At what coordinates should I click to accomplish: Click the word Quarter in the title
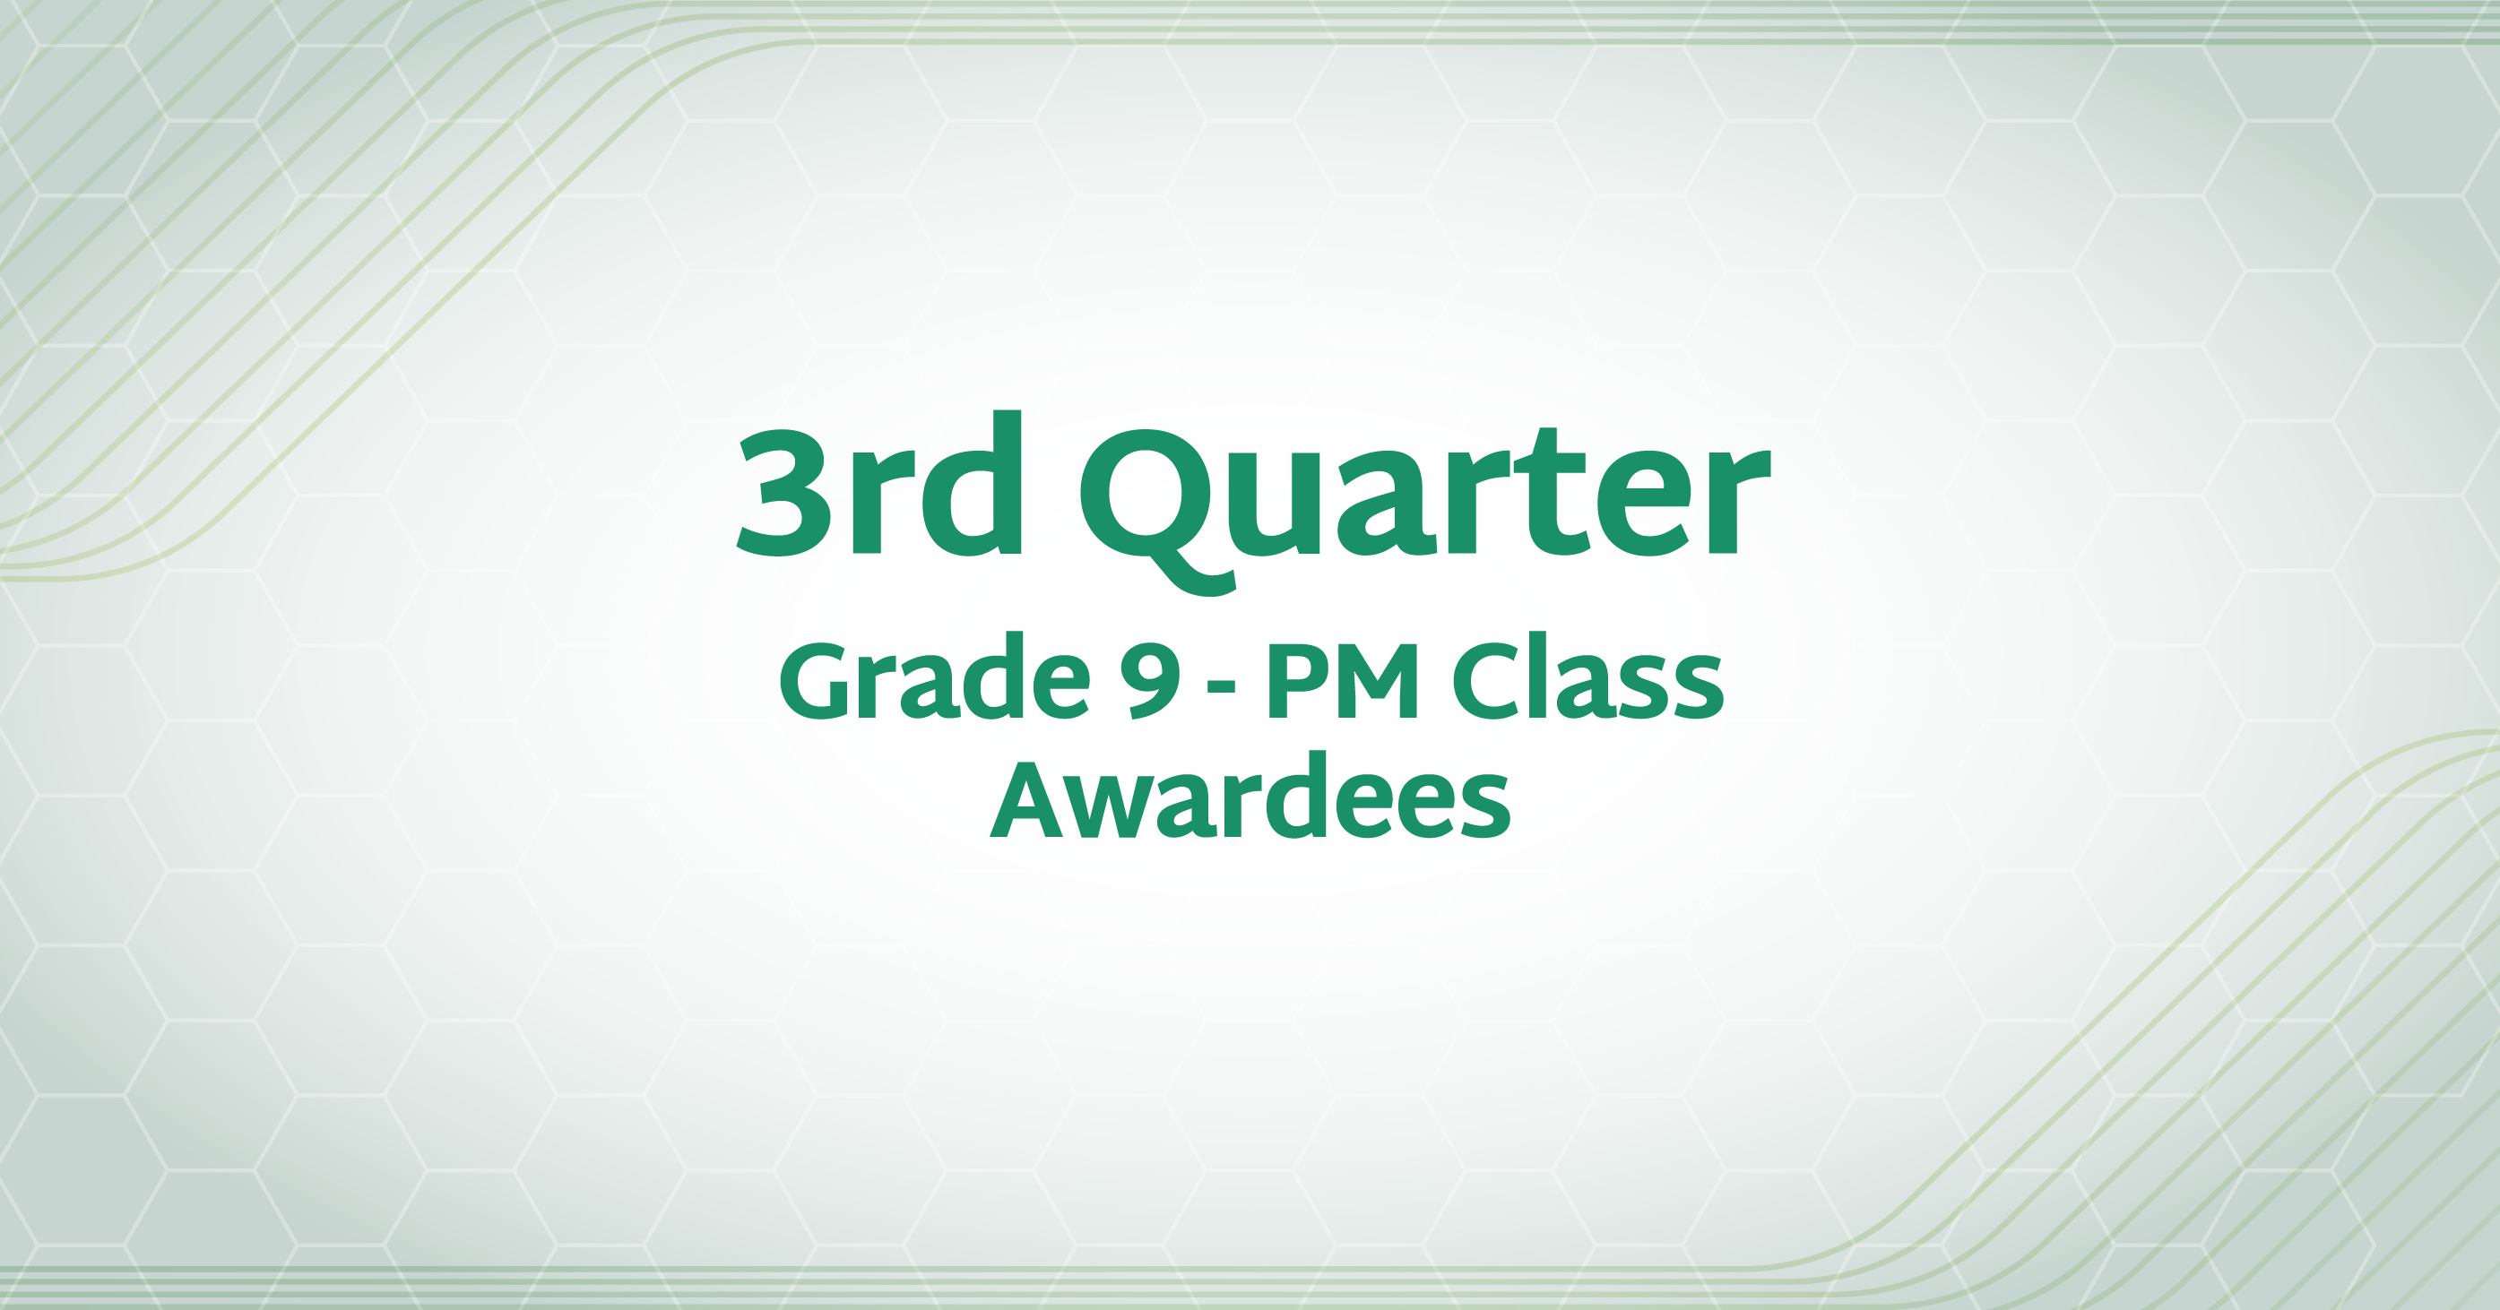(1424, 504)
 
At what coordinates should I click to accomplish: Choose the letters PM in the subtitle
(1342, 681)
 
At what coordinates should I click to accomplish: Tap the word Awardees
(1250, 797)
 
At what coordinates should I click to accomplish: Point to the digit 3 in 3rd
(784, 492)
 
